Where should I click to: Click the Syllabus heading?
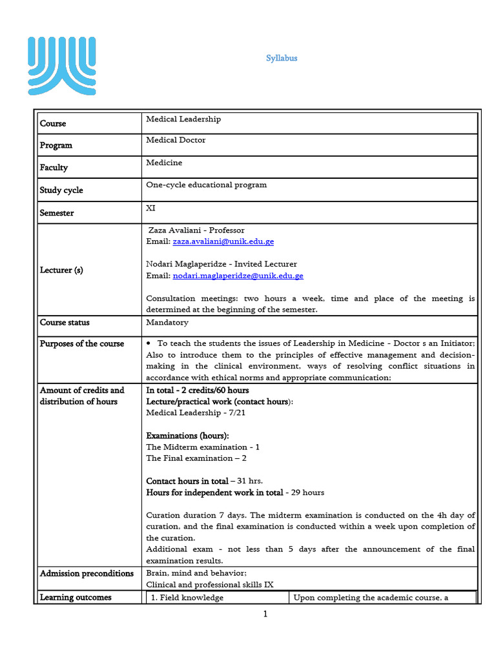282,58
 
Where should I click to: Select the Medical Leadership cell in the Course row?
183,119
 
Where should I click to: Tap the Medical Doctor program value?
176,140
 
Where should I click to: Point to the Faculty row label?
54,167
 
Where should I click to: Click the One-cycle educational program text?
206,185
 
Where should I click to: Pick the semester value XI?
150,208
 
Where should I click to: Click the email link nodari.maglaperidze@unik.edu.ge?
238,276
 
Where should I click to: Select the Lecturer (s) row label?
61,270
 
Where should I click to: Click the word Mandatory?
167,322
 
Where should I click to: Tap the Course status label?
65,322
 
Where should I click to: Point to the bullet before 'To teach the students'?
149,343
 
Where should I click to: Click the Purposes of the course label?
81,343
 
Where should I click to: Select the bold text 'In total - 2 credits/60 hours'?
198,391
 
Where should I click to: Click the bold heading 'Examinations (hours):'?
187,436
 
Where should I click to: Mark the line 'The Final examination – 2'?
187,458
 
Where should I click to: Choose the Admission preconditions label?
87,573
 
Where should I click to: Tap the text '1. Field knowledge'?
187,598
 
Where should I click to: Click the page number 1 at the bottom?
265,615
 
